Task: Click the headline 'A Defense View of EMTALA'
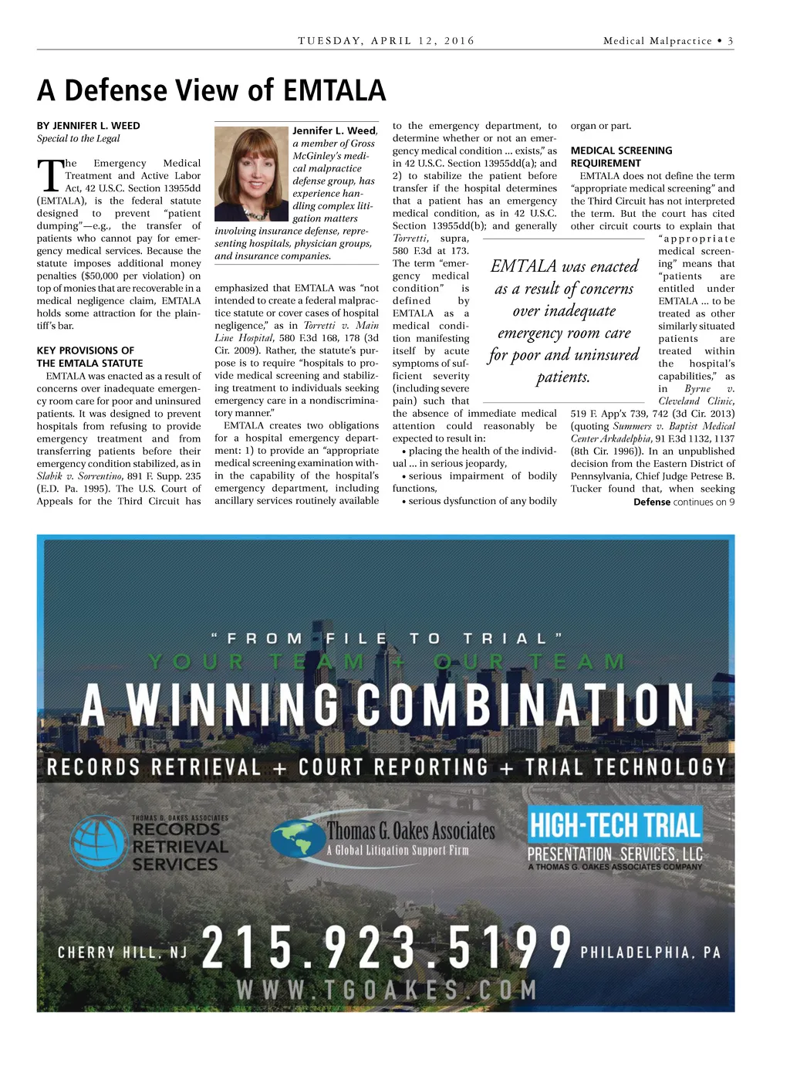tap(211, 90)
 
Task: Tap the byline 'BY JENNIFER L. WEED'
tap(89, 126)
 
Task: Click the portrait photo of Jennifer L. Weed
tap(251, 174)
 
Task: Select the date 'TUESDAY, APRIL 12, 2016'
tap(387, 41)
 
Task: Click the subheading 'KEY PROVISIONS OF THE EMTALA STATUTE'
tap(89, 357)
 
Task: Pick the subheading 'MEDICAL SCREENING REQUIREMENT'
tap(621, 157)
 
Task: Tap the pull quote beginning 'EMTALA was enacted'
tap(564, 321)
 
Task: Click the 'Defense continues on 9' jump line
tap(684, 502)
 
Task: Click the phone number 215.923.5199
tap(387, 947)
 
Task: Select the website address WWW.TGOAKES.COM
tap(387, 990)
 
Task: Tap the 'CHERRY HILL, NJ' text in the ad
tap(123, 953)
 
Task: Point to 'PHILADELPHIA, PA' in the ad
tap(650, 953)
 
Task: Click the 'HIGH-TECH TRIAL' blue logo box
tap(615, 825)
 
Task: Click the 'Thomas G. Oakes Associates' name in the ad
tap(410, 831)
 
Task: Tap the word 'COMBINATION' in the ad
tap(525, 705)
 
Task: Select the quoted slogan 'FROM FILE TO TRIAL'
tap(387, 638)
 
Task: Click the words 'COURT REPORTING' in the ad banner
tap(393, 767)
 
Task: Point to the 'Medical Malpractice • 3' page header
tap(667, 41)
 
